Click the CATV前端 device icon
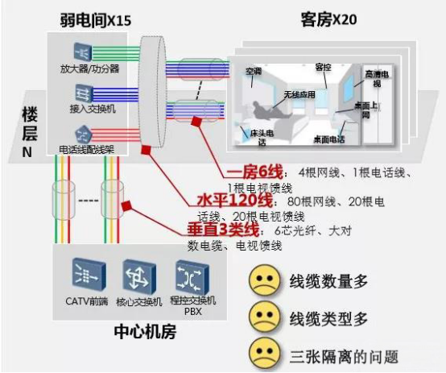coord(89,276)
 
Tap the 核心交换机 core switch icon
coord(139,276)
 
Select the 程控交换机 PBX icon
coord(192,276)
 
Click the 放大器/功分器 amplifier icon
coord(82,52)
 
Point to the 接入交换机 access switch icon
coord(84,93)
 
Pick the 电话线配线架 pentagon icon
coord(84,134)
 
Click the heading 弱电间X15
coord(96,20)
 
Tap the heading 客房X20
coord(328,20)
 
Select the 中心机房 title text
coord(145,332)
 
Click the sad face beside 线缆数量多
coord(264,280)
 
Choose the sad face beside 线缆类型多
coord(264,317)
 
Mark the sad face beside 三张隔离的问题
coord(264,354)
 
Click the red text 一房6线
coord(254,172)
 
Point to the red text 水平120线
coord(234,201)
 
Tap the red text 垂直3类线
coord(223,230)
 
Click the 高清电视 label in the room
coord(377,79)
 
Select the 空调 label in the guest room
coord(254,71)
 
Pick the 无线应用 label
coord(299,94)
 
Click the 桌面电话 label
coord(329,139)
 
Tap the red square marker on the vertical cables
coord(126,206)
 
